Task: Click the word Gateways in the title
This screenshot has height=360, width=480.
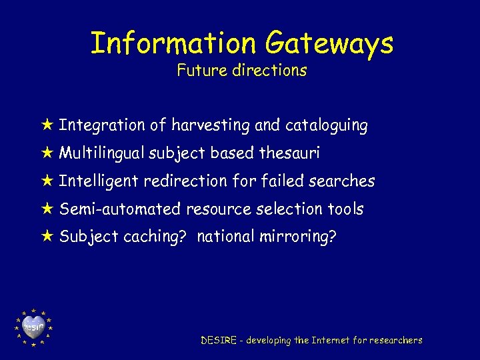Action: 329,44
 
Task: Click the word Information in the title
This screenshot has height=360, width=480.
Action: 172,44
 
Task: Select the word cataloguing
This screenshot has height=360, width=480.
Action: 326,125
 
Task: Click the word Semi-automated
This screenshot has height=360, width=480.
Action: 120,209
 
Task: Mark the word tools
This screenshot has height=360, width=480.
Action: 345,209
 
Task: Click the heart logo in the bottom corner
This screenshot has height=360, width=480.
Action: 33,327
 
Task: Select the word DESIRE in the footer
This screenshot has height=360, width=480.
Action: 219,340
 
